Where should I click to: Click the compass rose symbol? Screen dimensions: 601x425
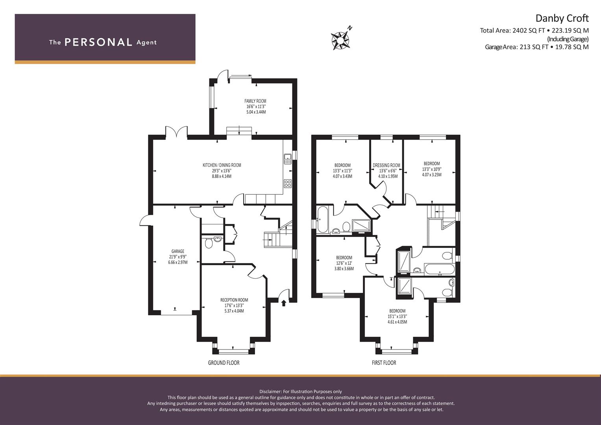(340, 41)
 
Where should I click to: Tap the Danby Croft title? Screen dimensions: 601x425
(562, 18)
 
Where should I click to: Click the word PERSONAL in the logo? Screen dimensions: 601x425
(98, 42)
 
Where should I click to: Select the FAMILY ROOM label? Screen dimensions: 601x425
(255, 101)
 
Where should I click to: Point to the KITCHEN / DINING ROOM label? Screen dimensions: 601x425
(222, 165)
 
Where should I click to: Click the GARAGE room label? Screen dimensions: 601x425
(178, 251)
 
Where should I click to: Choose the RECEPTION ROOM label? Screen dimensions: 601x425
(234, 300)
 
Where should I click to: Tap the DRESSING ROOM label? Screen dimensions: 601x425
(386, 165)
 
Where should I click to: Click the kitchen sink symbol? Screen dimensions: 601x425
(288, 159)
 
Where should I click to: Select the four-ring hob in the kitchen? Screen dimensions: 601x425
(288, 183)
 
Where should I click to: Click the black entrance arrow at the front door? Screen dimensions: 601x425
(284, 303)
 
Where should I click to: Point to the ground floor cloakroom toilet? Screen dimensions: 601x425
(209, 243)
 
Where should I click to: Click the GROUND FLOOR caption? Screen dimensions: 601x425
(224, 363)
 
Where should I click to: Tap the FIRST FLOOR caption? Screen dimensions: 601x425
(384, 363)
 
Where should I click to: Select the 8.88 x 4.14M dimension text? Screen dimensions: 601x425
(222, 176)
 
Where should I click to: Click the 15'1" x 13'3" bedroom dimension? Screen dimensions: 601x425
(398, 316)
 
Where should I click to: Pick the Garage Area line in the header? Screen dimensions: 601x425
(537, 47)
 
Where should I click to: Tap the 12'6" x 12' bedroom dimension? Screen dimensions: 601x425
(344, 263)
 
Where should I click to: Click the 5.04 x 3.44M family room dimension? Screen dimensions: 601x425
(256, 112)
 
